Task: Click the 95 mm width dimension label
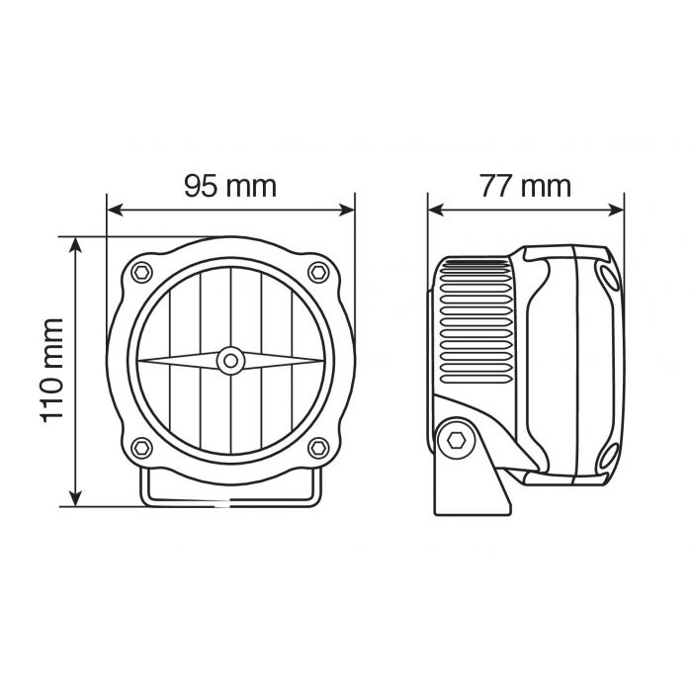pyautogui.click(x=229, y=185)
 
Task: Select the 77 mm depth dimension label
pyautogui.click(x=525, y=185)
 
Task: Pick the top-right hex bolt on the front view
pyautogui.click(x=317, y=271)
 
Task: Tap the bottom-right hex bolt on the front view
pyautogui.click(x=317, y=447)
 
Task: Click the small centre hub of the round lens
pyautogui.click(x=230, y=360)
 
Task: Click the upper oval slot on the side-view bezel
pyautogui.click(x=605, y=276)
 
